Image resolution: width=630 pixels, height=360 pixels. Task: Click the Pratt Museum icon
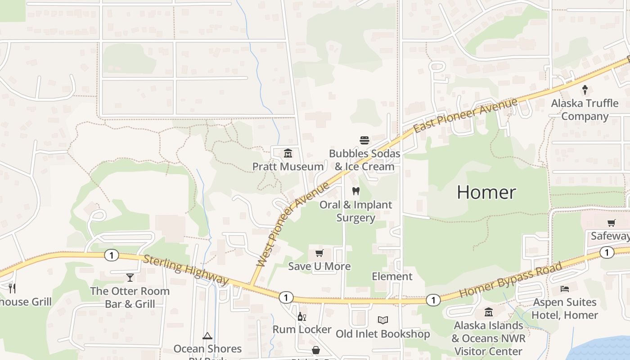[288, 153]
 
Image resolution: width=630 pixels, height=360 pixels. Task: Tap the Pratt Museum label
[288, 166]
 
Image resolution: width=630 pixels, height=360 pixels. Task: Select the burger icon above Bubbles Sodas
[364, 140]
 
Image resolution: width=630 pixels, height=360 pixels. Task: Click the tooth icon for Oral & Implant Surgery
[356, 191]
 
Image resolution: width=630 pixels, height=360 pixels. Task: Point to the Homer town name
[486, 193]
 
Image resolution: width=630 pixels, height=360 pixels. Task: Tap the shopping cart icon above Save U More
[319, 253]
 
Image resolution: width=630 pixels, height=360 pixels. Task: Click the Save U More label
[319, 266]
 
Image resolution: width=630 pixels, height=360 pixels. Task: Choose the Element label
[392, 276]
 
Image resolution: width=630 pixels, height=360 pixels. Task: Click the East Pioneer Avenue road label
[466, 116]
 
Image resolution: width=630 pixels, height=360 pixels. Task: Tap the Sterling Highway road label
[186, 270]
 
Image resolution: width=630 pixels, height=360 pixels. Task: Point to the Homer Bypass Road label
[511, 280]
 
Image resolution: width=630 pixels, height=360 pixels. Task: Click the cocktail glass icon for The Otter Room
[130, 278]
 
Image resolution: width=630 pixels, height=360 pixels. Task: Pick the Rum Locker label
[302, 329]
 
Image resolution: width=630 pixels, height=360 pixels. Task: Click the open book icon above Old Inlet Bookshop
[383, 320]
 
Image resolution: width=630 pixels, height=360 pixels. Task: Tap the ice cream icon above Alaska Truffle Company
[585, 90]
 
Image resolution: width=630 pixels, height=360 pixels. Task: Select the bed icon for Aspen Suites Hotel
[564, 289]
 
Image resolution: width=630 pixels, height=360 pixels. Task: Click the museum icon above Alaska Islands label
[489, 312]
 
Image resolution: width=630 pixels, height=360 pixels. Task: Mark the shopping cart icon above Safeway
[611, 223]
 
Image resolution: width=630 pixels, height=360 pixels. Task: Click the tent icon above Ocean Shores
[207, 336]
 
